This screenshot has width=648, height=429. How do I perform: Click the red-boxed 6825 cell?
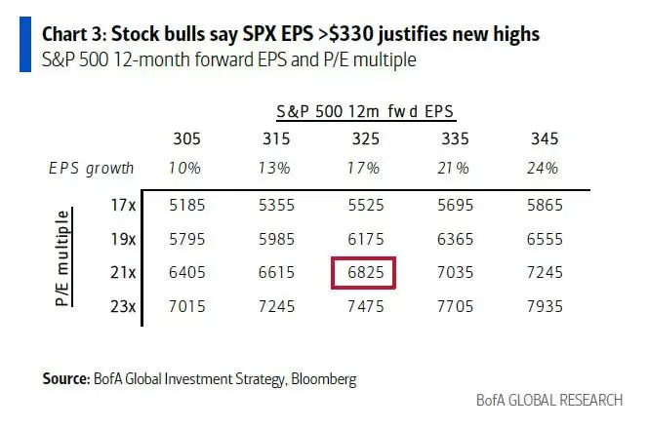364,273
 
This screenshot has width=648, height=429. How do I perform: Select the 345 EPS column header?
545,138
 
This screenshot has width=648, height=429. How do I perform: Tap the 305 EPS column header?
186,138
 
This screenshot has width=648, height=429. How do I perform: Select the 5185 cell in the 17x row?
186,206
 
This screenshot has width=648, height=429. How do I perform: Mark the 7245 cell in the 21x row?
545,273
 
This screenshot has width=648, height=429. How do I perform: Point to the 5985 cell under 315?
276,240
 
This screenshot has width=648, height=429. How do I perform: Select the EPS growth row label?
92,168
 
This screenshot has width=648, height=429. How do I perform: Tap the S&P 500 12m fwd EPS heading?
366,113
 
